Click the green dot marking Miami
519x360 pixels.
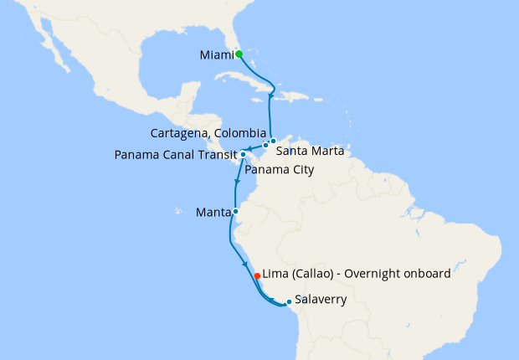[x=239, y=54]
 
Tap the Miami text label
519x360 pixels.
[x=216, y=56]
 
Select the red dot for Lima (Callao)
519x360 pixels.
[x=256, y=274]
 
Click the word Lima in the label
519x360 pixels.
[x=276, y=274]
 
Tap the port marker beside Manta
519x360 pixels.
[x=235, y=211]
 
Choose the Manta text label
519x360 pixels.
[x=213, y=212]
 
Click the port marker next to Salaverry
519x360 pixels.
[x=288, y=301]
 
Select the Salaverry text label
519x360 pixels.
[x=321, y=298]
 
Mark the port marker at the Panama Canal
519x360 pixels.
[x=243, y=154]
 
